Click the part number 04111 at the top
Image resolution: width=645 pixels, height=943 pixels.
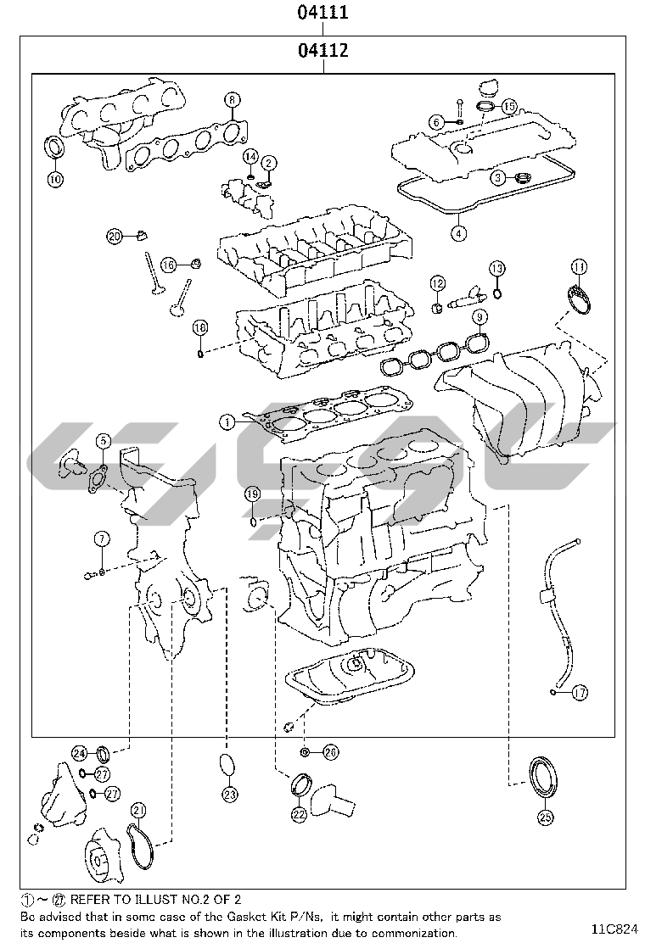(x=322, y=13)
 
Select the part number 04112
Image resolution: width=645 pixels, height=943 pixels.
(x=322, y=50)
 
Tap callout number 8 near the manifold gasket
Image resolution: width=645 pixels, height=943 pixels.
(x=233, y=99)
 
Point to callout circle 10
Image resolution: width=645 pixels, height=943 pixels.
(x=54, y=179)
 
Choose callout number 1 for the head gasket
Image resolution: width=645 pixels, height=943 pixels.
(x=227, y=421)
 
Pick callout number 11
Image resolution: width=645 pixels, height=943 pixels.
(x=578, y=267)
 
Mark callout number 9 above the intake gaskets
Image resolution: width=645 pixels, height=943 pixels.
(x=480, y=317)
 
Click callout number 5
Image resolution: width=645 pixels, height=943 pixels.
(x=103, y=440)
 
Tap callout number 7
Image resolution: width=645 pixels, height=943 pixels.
(x=102, y=538)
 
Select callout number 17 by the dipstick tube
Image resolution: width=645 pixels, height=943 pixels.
(x=580, y=693)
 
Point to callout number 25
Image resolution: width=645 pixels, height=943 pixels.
(x=544, y=817)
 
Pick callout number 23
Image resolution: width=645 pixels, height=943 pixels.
(x=230, y=795)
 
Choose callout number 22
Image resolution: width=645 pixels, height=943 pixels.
(x=299, y=815)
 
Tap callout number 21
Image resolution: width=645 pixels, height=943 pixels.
(x=137, y=810)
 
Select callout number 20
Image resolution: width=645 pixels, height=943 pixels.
(x=115, y=237)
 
